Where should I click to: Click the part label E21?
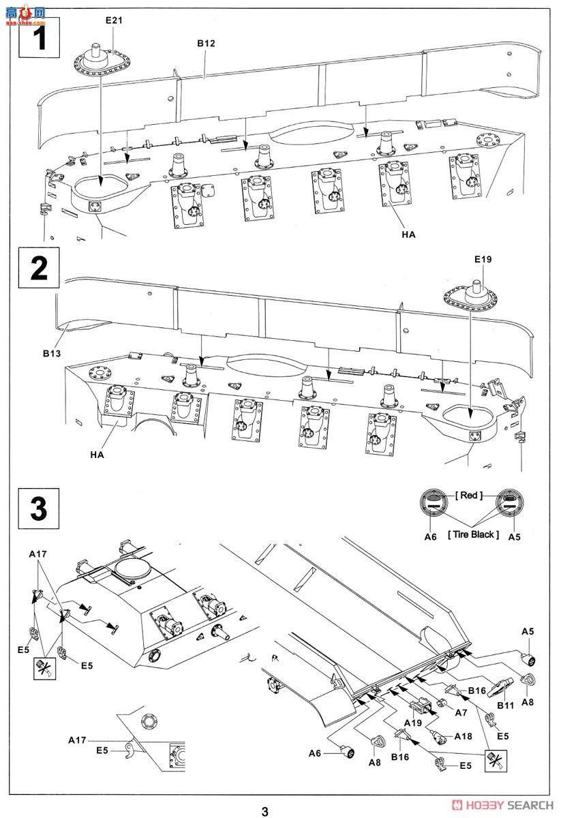pos(114,21)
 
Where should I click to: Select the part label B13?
pos(52,354)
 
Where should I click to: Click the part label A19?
pos(414,722)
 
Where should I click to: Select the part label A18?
pos(463,737)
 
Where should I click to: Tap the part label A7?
pos(461,712)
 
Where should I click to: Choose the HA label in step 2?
pos(95,455)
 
